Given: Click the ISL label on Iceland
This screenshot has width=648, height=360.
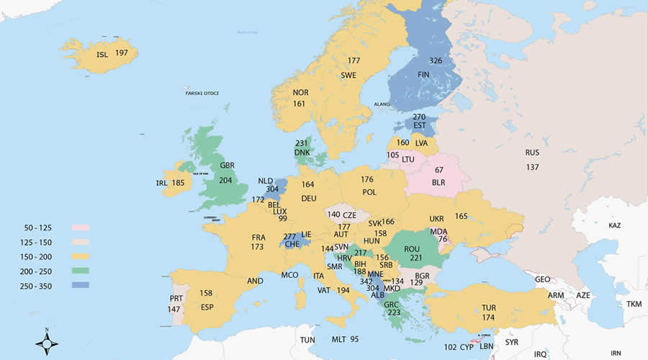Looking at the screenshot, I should [104, 54].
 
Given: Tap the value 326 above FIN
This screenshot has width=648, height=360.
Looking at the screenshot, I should [436, 60].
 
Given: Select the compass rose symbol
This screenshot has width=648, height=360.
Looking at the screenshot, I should [47, 343].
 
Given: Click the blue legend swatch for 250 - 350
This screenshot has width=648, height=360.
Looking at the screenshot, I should [80, 285].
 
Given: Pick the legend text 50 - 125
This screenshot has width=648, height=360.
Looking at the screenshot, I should [36, 228].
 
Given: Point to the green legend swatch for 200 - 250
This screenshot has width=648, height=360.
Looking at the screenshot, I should [80, 271].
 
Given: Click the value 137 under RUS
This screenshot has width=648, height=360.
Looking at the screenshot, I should [532, 167].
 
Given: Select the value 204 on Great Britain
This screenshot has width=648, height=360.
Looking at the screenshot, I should [225, 181].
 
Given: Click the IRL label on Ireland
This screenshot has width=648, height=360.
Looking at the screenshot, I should [162, 184].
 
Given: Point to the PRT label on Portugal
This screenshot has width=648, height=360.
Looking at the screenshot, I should [175, 297].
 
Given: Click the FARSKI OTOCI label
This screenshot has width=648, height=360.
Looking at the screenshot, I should [202, 93].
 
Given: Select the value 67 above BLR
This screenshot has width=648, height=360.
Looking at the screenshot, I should [439, 169].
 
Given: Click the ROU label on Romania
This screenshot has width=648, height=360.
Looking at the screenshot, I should [413, 248].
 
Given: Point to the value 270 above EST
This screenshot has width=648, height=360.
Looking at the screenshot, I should [420, 117].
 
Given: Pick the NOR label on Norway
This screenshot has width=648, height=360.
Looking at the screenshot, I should [300, 92].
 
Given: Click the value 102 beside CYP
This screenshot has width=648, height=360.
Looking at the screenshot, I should [451, 346].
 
